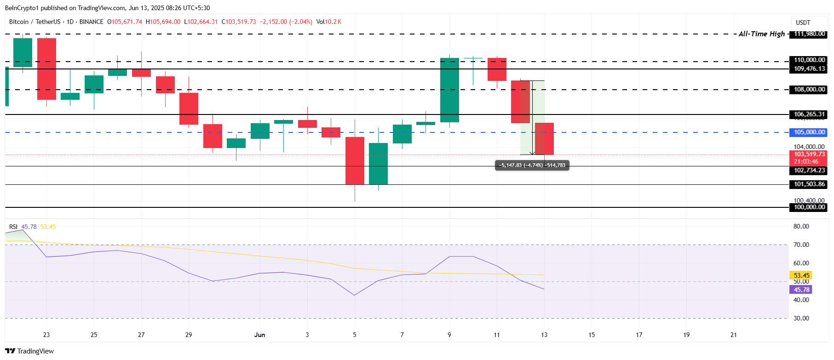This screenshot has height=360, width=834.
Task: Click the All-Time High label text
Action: point(761,34)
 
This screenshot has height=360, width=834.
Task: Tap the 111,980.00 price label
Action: point(809,34)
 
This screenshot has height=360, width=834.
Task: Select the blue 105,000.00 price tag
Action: point(809,132)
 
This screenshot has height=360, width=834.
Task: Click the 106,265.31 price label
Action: point(809,114)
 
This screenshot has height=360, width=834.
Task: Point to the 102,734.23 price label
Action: point(809,171)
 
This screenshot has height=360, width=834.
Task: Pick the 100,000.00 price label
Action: point(809,207)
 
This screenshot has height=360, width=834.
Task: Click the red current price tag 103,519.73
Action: point(809,154)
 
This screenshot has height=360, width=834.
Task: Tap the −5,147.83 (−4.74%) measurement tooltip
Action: point(532,166)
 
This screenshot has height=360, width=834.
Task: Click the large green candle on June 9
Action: point(449,90)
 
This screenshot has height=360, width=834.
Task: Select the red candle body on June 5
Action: point(355,160)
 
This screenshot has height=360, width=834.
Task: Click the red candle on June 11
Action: point(497,69)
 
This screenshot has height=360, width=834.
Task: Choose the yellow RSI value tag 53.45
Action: point(801,275)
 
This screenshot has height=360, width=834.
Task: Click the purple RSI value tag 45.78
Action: point(801,290)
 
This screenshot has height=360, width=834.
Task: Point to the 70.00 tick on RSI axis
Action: point(801,245)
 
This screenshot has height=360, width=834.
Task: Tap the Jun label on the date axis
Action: point(259,335)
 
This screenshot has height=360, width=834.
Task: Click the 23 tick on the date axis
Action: point(46,335)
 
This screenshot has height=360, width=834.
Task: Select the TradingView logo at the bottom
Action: point(30,351)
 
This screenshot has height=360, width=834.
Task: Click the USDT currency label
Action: point(803,23)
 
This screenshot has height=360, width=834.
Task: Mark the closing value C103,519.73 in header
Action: point(239,22)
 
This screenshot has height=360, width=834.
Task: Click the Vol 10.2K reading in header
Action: point(328,22)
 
